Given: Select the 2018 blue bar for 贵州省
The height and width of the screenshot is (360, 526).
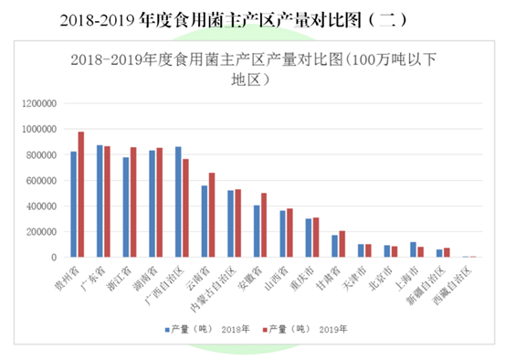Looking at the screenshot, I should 73,205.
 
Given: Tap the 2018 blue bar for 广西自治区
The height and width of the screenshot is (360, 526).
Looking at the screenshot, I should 178,202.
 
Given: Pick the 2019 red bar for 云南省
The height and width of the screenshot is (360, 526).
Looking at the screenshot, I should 212,215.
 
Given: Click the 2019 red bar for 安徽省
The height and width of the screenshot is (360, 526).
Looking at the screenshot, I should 264,225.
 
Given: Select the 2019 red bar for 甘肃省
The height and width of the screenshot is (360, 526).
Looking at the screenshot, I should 342,244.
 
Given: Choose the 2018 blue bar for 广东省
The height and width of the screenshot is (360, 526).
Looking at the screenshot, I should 100,201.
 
